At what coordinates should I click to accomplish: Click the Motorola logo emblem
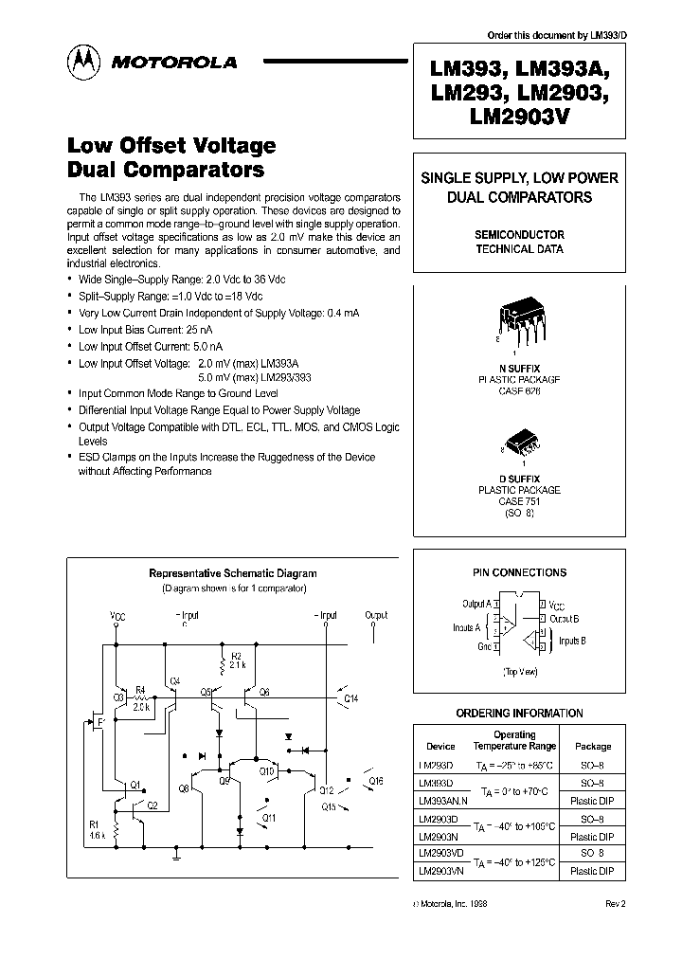click(83, 62)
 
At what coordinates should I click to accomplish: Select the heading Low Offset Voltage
click(171, 146)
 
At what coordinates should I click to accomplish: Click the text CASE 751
click(519, 501)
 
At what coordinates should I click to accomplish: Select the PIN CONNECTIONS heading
click(519, 572)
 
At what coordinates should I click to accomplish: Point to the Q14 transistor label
click(350, 698)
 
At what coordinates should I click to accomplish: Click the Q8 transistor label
click(183, 787)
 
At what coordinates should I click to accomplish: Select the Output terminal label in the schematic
click(376, 616)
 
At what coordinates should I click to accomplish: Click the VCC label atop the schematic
click(117, 616)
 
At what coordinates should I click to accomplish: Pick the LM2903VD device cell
click(438, 853)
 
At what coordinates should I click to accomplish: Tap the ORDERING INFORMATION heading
click(519, 713)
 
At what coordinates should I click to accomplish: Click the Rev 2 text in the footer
click(615, 904)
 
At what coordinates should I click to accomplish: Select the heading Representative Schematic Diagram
click(233, 573)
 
